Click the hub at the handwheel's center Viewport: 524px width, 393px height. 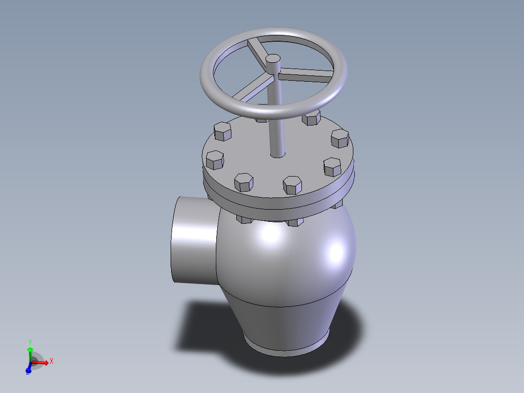pos(273,62)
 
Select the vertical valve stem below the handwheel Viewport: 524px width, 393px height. pos(276,126)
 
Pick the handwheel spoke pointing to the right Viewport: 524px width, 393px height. pos(306,74)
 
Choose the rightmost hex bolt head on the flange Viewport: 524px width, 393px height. pos(340,139)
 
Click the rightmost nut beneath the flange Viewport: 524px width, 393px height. pos(337,204)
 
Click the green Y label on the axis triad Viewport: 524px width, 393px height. pos(30,342)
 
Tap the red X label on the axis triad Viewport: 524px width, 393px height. pos(51,361)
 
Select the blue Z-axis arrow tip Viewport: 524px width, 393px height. pos(28,371)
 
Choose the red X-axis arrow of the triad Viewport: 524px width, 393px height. pos(41,362)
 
